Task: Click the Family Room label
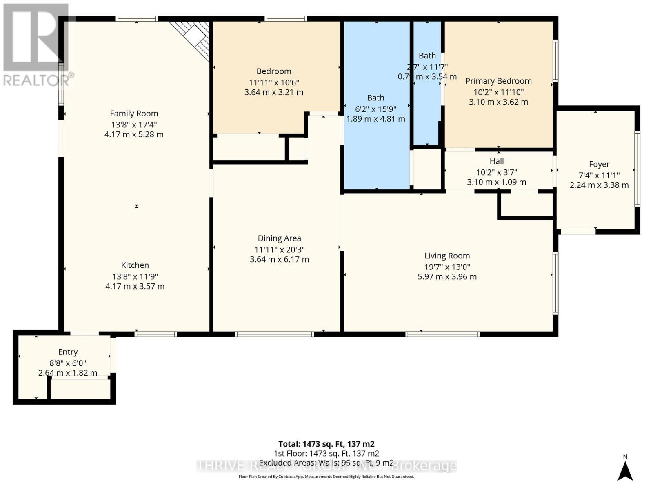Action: [x=134, y=114]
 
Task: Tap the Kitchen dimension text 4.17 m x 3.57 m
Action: [x=135, y=286]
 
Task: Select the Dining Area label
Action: [x=279, y=238]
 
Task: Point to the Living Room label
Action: [x=447, y=256]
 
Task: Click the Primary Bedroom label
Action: [x=498, y=81]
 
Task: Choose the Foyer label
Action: [x=599, y=164]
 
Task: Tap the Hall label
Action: [x=496, y=161]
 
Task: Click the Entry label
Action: [x=68, y=352]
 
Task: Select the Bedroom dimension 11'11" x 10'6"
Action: [x=274, y=82]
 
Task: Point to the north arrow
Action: [x=625, y=471]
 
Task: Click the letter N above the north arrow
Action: [x=625, y=457]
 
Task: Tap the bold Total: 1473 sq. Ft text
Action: [x=326, y=444]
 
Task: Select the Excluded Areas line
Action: [x=326, y=463]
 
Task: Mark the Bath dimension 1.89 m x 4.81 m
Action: [x=375, y=119]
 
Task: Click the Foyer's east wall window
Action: [x=637, y=169]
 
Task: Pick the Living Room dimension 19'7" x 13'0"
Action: [x=447, y=267]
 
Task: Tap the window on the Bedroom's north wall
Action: [x=285, y=19]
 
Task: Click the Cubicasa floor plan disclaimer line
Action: [x=326, y=477]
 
